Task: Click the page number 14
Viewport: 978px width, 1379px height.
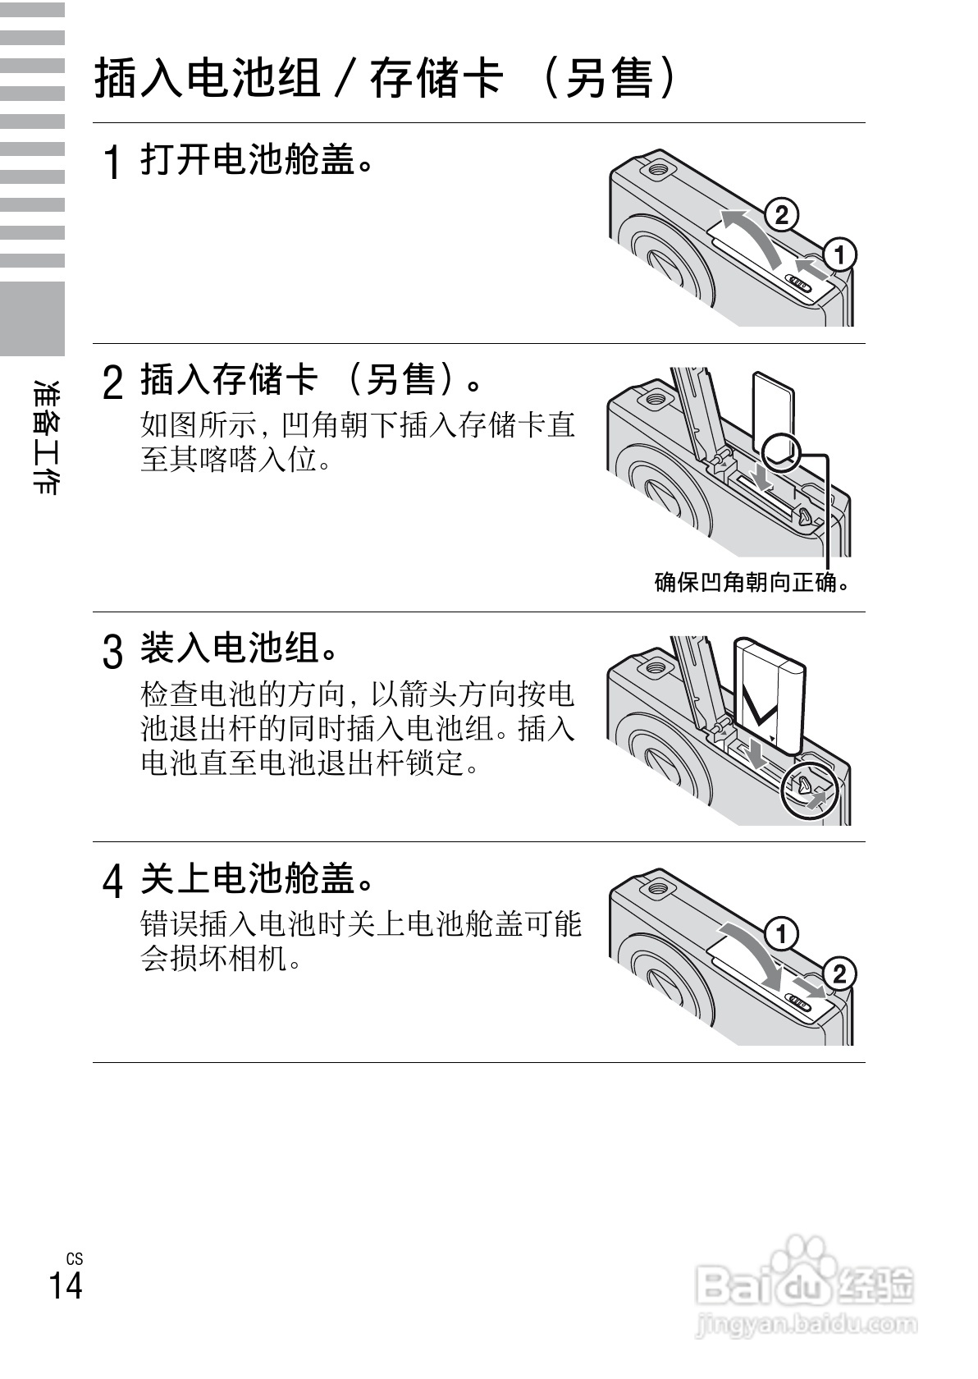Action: [66, 1285]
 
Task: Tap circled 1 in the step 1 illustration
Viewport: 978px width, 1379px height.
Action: [839, 254]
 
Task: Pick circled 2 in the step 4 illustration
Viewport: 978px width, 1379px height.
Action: [839, 974]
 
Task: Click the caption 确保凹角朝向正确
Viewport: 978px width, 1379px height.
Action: [751, 582]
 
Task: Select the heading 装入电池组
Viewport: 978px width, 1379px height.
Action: [240, 648]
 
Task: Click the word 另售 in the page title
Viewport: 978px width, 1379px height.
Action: [609, 80]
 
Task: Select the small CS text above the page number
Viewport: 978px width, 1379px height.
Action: [75, 1258]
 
